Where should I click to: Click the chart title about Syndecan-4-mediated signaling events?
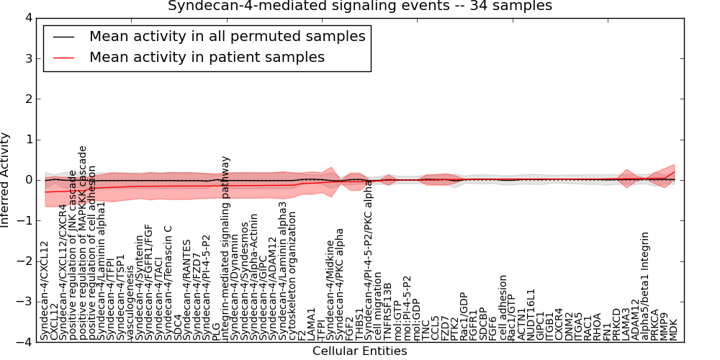pos(360,6)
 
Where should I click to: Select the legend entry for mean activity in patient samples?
pos(207,57)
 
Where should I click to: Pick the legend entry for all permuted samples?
pos(227,36)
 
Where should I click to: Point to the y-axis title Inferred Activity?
pos(6,179)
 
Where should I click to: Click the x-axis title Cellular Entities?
pos(359,351)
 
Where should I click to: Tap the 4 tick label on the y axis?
pos(28,17)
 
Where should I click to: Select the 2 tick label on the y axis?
pos(28,99)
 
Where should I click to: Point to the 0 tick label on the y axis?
pos(28,180)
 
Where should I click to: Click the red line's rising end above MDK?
pos(674,173)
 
